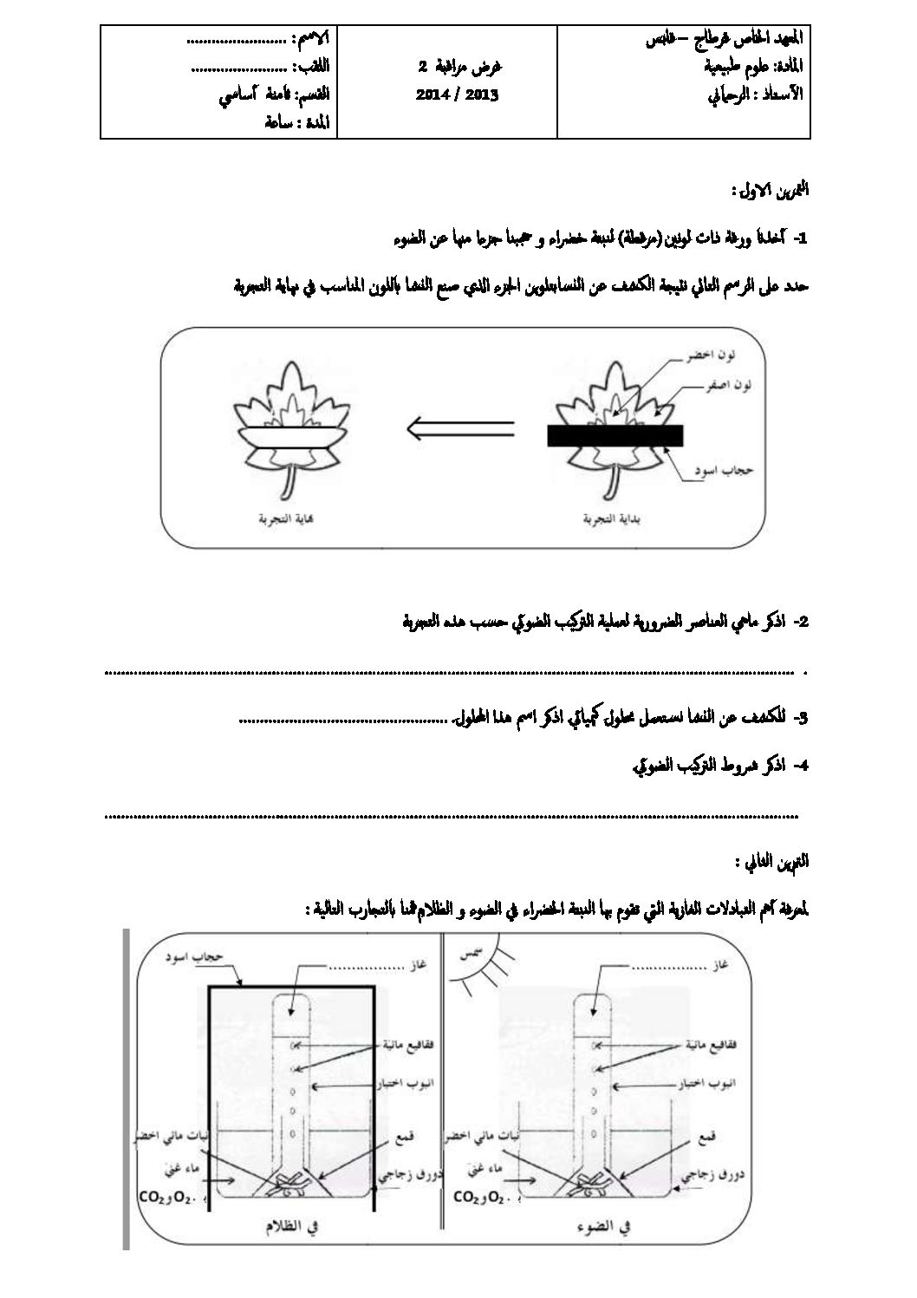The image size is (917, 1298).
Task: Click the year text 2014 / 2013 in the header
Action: pyautogui.click(x=457, y=95)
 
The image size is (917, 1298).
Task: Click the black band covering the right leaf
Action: pyautogui.click(x=615, y=435)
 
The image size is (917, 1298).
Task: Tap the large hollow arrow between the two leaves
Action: pyautogui.click(x=460, y=428)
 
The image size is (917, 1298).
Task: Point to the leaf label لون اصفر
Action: pyautogui.click(x=730, y=384)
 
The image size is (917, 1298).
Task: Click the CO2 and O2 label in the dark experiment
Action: pyautogui.click(x=170, y=1197)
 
